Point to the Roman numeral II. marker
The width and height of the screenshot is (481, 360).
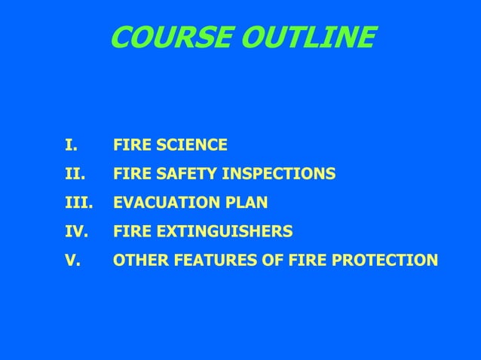(x=72, y=175)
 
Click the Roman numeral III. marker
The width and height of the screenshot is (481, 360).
(x=77, y=203)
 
